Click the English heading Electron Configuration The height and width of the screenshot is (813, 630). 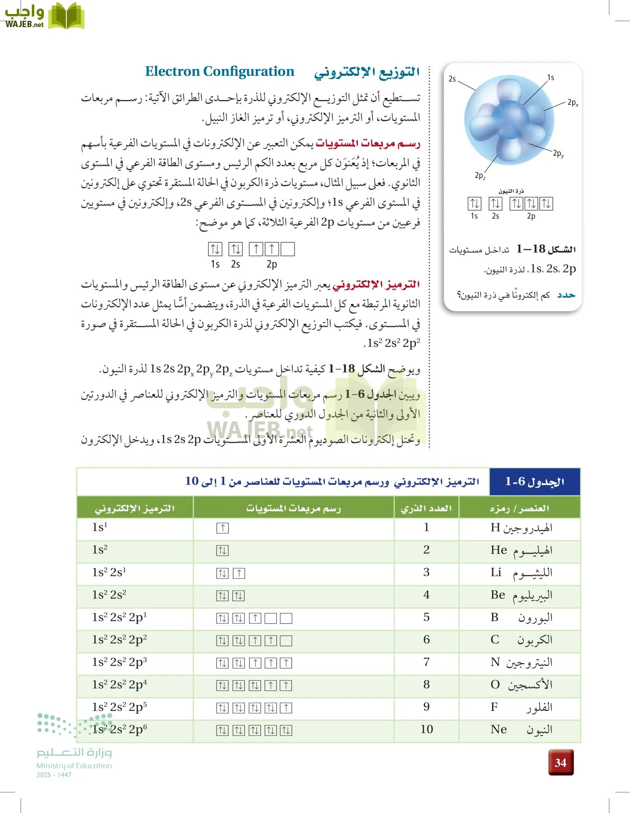tap(219, 71)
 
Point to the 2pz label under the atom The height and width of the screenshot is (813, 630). tap(480, 175)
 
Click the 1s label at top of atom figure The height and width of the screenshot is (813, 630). tap(551, 78)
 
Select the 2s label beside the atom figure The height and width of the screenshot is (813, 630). tap(452, 79)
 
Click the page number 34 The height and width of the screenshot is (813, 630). tap(561, 762)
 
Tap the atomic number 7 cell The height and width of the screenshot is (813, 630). tap(426, 662)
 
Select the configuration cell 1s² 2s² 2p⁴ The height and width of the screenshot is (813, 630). tap(120, 685)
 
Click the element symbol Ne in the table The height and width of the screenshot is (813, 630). tap(499, 729)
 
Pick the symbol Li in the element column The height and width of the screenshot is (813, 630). tap(496, 573)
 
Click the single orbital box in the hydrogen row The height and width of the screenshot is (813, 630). tap(222, 528)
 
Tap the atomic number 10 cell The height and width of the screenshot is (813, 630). tap(426, 729)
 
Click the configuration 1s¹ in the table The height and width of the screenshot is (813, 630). tap(100, 528)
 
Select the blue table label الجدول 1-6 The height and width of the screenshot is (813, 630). tap(535, 482)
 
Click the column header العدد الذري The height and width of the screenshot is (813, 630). tap(426, 508)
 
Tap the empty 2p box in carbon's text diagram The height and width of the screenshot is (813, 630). tap(287, 249)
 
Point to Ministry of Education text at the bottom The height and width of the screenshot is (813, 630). tap(74, 766)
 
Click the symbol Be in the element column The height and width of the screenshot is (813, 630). tap(498, 595)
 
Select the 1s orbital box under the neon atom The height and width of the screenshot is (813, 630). tap(474, 204)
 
